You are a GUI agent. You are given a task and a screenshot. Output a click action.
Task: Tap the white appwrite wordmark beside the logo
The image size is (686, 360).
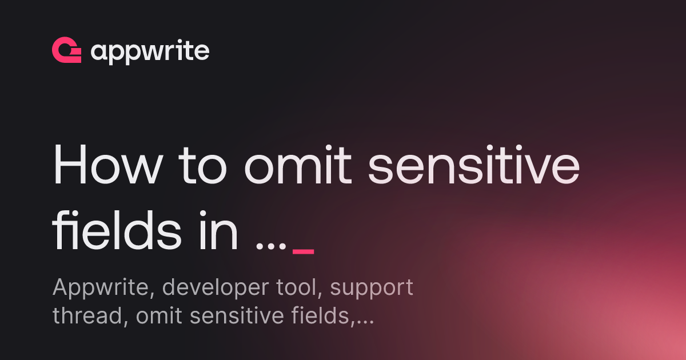click(x=150, y=53)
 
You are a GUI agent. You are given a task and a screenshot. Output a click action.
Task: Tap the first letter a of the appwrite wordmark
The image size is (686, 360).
click(x=99, y=53)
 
